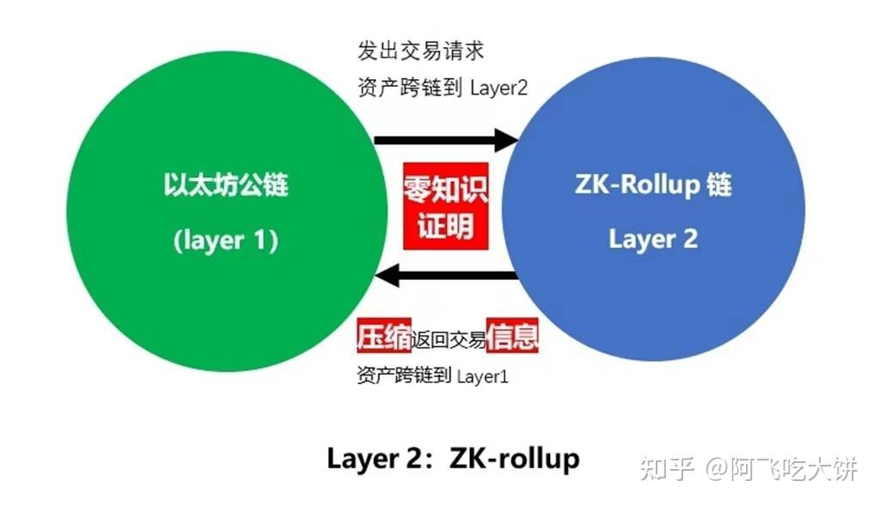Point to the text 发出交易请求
(x=421, y=51)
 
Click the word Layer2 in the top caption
(x=498, y=88)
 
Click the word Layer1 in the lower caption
(x=482, y=376)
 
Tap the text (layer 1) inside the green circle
(x=226, y=241)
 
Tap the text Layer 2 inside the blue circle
(x=653, y=239)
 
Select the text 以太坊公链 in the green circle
(x=226, y=185)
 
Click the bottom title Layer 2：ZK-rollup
(x=453, y=458)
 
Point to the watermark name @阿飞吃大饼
(x=782, y=468)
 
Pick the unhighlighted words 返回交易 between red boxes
(x=449, y=338)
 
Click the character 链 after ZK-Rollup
(x=718, y=185)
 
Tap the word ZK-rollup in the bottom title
(x=515, y=458)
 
